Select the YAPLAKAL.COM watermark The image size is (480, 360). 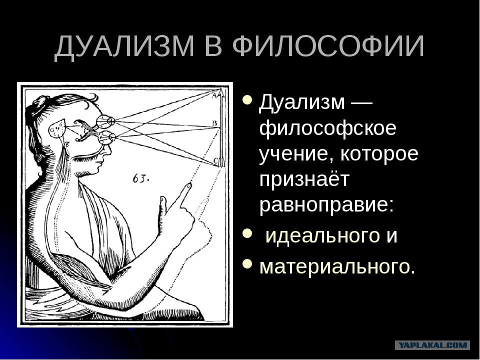pos(432,345)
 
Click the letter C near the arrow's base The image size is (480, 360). pos(215,160)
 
